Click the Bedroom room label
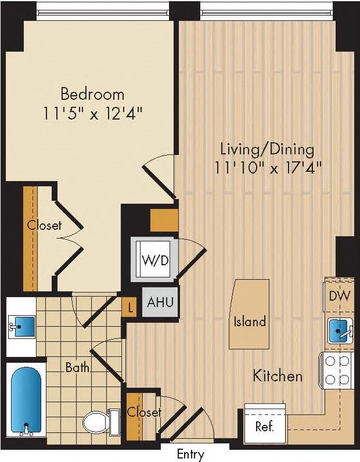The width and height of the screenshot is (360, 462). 93,93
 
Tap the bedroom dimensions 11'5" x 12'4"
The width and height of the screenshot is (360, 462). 93,113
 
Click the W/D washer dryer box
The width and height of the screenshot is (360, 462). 156,259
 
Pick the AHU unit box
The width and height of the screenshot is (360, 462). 159,302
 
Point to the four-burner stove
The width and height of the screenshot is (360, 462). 336,370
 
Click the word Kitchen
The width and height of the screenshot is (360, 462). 278,376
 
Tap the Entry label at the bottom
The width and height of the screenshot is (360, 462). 190,454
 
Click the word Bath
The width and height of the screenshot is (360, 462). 77,367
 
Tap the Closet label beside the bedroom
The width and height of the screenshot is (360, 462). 45,225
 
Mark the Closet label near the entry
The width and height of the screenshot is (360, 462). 144,412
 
